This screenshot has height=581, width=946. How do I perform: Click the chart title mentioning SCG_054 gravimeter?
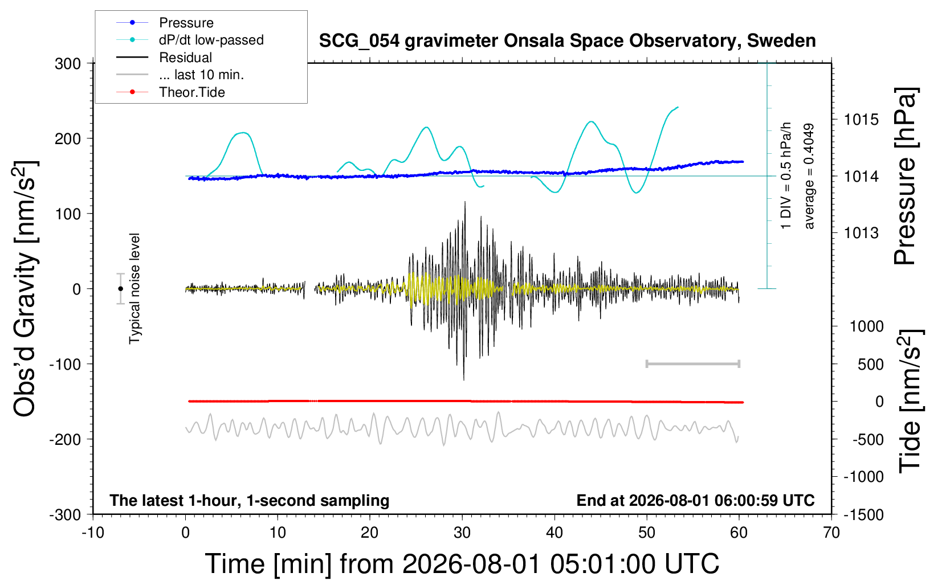567,41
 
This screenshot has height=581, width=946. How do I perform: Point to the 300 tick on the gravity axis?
68,64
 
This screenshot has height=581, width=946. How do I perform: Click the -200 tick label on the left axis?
65,440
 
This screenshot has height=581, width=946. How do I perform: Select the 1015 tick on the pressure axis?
861,120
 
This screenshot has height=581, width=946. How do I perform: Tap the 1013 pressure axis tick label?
861,232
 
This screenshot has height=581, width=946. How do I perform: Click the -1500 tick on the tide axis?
863,515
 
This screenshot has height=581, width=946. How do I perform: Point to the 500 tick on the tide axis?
870,365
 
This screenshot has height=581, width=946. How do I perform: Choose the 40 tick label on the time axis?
554,533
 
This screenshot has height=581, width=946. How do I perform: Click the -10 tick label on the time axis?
93,533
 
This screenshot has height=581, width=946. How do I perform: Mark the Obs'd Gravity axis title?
25,289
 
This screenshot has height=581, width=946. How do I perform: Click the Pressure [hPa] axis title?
906,176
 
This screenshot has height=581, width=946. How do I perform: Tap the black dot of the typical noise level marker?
120,289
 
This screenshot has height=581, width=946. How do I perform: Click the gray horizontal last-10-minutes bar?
693,364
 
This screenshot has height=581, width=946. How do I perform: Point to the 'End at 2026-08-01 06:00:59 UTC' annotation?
696,500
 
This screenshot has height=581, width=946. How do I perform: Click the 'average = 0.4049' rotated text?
808,176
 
